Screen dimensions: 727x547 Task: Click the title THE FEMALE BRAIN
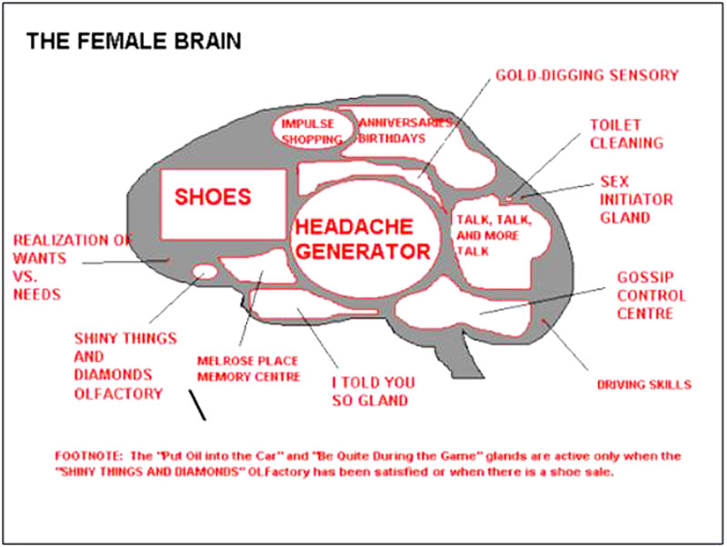(x=134, y=41)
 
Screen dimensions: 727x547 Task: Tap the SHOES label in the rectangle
(x=213, y=197)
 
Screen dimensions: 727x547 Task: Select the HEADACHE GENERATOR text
(x=363, y=239)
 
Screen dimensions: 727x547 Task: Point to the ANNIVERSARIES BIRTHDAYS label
(x=404, y=131)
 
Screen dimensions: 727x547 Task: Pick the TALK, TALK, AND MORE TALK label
(x=493, y=235)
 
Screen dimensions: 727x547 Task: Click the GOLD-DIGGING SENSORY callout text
(x=587, y=75)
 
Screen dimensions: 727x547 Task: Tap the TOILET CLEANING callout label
(x=626, y=134)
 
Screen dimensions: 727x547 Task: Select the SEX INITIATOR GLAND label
(x=636, y=199)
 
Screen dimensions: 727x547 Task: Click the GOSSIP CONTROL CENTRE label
(x=651, y=295)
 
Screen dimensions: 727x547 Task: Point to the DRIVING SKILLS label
(x=644, y=384)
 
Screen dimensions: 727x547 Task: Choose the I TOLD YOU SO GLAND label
(x=373, y=392)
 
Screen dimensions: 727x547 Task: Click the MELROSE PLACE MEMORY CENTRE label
(x=249, y=369)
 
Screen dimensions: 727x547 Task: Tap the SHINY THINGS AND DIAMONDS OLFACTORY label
(x=125, y=366)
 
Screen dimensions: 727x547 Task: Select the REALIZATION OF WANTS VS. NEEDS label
(x=73, y=267)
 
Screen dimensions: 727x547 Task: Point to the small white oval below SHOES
(x=204, y=271)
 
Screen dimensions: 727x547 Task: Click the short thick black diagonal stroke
(x=197, y=404)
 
